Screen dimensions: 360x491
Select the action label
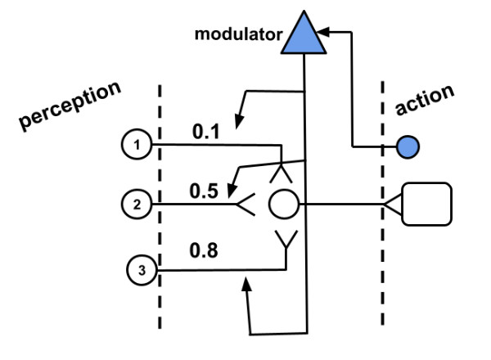pos(424,97)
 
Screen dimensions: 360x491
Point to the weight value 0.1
pos(205,128)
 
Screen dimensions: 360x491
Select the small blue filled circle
pos(408,147)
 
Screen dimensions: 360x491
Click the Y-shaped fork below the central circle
pos(285,240)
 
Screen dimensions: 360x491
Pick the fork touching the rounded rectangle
pos(390,204)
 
